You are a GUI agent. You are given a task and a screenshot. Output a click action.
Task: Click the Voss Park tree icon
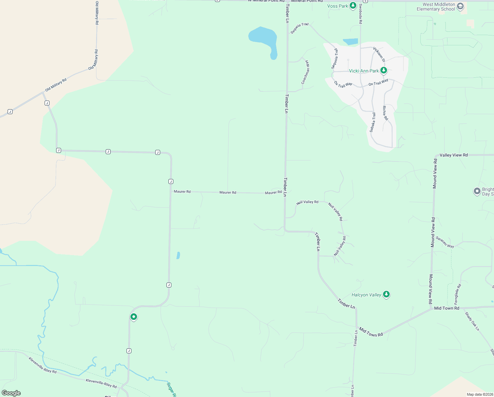[353, 6]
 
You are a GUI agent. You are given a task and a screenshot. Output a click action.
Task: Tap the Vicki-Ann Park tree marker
[383, 70]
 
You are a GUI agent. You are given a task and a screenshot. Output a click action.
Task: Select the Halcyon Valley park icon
[386, 294]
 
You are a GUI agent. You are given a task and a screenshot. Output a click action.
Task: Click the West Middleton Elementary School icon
[460, 6]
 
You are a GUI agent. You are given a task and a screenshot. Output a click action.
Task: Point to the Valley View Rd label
[453, 155]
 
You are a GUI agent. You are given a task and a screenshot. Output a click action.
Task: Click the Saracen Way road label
[445, 242]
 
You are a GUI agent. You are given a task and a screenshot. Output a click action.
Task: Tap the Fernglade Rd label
[457, 294]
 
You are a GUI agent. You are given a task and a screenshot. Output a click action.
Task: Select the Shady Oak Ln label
[472, 321]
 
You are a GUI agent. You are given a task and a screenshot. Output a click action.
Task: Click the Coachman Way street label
[306, 72]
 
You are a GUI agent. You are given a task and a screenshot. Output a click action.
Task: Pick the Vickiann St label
[379, 54]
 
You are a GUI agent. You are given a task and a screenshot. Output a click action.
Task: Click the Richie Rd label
[385, 113]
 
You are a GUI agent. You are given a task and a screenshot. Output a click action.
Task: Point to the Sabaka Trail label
[372, 122]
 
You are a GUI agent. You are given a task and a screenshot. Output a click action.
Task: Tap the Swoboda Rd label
[361, 14]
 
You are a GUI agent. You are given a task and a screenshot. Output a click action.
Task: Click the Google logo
[11, 393]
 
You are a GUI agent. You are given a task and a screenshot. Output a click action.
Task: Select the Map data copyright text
[480, 394]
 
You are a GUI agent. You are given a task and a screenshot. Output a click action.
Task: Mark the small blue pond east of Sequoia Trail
[351, 42]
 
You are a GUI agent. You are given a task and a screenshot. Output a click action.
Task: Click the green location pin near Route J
[134, 317]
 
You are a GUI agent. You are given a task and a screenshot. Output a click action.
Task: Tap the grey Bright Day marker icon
[477, 191]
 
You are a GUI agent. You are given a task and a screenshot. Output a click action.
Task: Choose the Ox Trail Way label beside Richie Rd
[378, 82]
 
